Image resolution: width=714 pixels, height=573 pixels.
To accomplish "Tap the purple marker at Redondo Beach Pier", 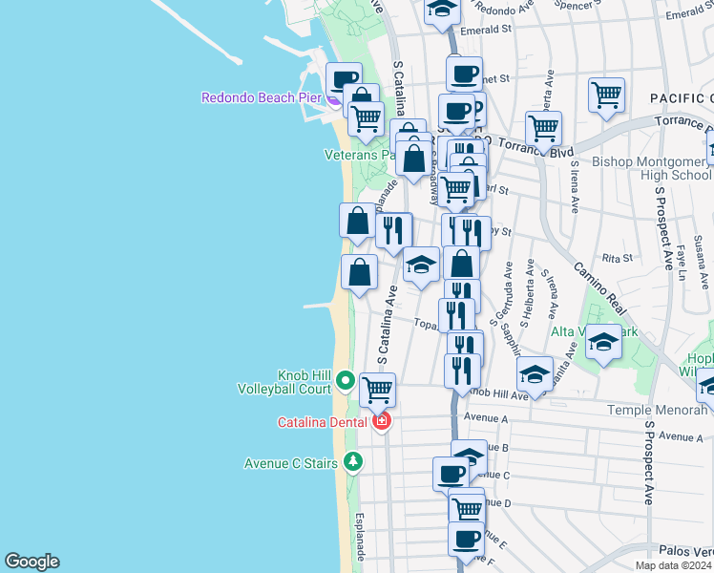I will click(333, 97).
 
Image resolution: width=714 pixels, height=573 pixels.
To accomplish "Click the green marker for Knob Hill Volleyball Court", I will click(345, 383).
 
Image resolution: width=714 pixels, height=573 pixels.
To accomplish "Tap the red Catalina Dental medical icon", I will click(382, 421).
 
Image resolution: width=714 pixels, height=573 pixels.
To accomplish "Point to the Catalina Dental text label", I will click(325, 422).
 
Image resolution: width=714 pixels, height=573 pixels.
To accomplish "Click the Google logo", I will click(31, 562).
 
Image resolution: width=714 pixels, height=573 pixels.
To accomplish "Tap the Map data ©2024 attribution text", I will click(674, 565).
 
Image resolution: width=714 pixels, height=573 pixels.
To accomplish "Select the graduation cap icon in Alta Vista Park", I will click(603, 342).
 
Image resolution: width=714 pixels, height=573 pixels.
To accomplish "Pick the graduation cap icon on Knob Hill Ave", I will click(535, 373).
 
